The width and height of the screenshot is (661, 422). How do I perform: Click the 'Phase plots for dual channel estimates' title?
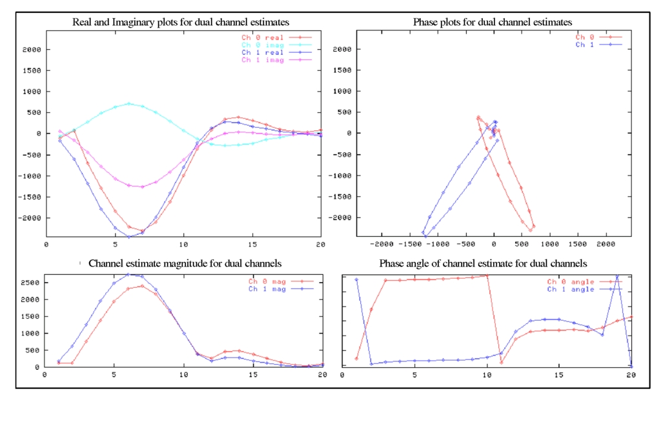[x=493, y=23]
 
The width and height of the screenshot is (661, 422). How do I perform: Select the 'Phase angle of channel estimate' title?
[x=483, y=264]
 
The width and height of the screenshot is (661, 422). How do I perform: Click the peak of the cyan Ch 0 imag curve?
[x=128, y=103]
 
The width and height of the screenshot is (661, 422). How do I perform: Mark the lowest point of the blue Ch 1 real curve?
[x=128, y=237]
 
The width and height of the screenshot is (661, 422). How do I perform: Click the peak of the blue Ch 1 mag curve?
[x=128, y=274]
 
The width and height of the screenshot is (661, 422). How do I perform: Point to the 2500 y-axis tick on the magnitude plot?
[x=32, y=283]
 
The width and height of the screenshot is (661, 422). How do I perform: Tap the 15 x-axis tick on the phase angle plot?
[x=558, y=374]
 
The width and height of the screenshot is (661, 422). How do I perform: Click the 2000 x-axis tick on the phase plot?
[x=605, y=245]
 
